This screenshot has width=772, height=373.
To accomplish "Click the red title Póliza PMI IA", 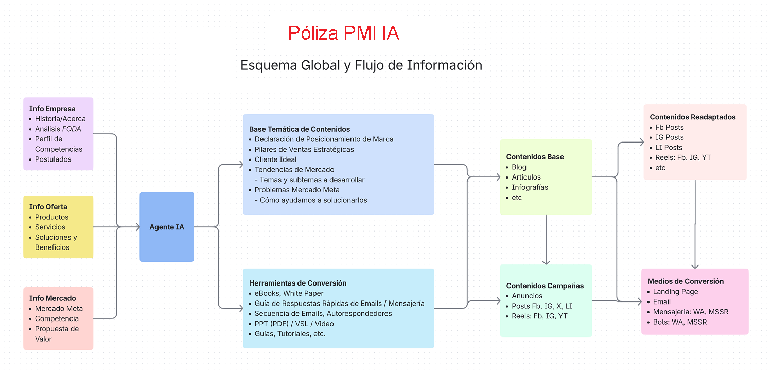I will [x=343, y=33].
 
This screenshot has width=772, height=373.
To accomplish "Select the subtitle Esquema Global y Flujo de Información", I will [x=361, y=66].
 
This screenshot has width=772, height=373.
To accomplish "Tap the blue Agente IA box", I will [x=167, y=227].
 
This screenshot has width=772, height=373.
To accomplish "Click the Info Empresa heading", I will [x=52, y=109].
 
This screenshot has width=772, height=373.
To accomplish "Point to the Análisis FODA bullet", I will [x=58, y=129].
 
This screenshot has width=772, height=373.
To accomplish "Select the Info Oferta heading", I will [x=48, y=207].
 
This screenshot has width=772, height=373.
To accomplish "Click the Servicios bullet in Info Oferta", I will [x=50, y=227].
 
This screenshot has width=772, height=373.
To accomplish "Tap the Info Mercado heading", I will [x=52, y=298].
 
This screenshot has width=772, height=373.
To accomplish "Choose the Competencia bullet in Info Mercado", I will [x=57, y=318].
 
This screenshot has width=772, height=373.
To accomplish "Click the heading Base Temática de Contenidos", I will [x=300, y=129].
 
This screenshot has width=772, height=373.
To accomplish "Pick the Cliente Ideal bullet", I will [x=275, y=159].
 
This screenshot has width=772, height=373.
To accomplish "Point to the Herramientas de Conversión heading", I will [x=297, y=283].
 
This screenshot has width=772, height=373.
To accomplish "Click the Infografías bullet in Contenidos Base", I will [x=530, y=187].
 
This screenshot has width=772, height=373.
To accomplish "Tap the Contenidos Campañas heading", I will [x=545, y=286].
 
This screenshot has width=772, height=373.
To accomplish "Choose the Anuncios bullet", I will [x=527, y=296].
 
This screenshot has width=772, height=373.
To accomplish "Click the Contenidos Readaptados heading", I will [x=693, y=117].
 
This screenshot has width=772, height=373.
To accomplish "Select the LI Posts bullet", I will [x=669, y=147].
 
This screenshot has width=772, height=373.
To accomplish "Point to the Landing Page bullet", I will [x=675, y=292].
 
